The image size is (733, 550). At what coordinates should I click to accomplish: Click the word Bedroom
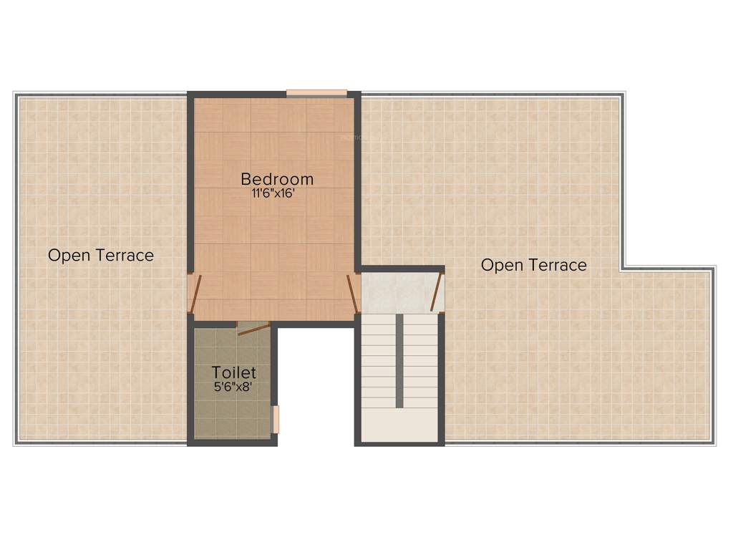pyautogui.click(x=276, y=179)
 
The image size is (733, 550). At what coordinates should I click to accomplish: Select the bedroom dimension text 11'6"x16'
pyautogui.click(x=276, y=193)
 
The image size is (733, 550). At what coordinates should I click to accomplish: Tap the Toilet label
pyautogui.click(x=233, y=372)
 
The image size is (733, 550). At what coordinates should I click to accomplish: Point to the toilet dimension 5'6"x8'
pyautogui.click(x=233, y=387)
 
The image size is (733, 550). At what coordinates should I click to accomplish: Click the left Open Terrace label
pyautogui.click(x=101, y=255)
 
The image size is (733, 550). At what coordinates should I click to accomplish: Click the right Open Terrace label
pyautogui.click(x=533, y=265)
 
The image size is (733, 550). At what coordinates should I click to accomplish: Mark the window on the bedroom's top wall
pyautogui.click(x=316, y=92)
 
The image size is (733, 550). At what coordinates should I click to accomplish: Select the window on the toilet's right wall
pyautogui.click(x=276, y=420)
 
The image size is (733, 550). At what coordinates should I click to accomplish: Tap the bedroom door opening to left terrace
pyautogui.click(x=195, y=294)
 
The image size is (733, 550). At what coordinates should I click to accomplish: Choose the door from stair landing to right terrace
pyautogui.click(x=437, y=292)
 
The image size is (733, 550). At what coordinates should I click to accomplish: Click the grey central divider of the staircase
pyautogui.click(x=399, y=360)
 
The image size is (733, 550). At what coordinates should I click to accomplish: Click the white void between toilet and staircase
pyautogui.click(x=315, y=387)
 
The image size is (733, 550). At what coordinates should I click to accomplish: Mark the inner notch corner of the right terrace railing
pyautogui.click(x=622, y=268)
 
